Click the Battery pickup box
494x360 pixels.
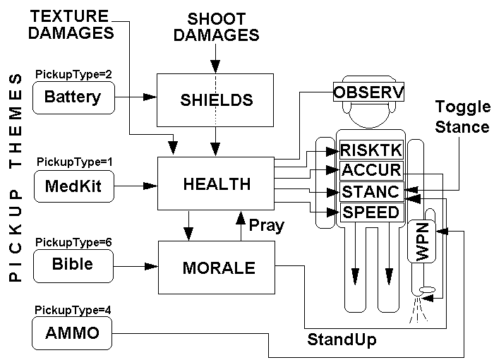point(73,97)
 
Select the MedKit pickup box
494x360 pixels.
point(73,186)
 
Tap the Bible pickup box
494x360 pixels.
point(73,265)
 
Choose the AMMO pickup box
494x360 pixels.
point(73,334)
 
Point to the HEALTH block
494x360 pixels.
point(216,185)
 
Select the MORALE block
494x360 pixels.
point(215,268)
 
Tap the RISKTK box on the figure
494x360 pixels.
point(370,150)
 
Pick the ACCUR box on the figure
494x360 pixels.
point(370,170)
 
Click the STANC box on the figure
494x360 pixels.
point(370,191)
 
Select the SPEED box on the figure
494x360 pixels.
point(370,211)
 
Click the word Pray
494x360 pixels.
point(267,225)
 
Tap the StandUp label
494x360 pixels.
point(342,340)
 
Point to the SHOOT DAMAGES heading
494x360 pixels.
point(217,26)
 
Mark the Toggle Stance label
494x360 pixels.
point(462,117)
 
